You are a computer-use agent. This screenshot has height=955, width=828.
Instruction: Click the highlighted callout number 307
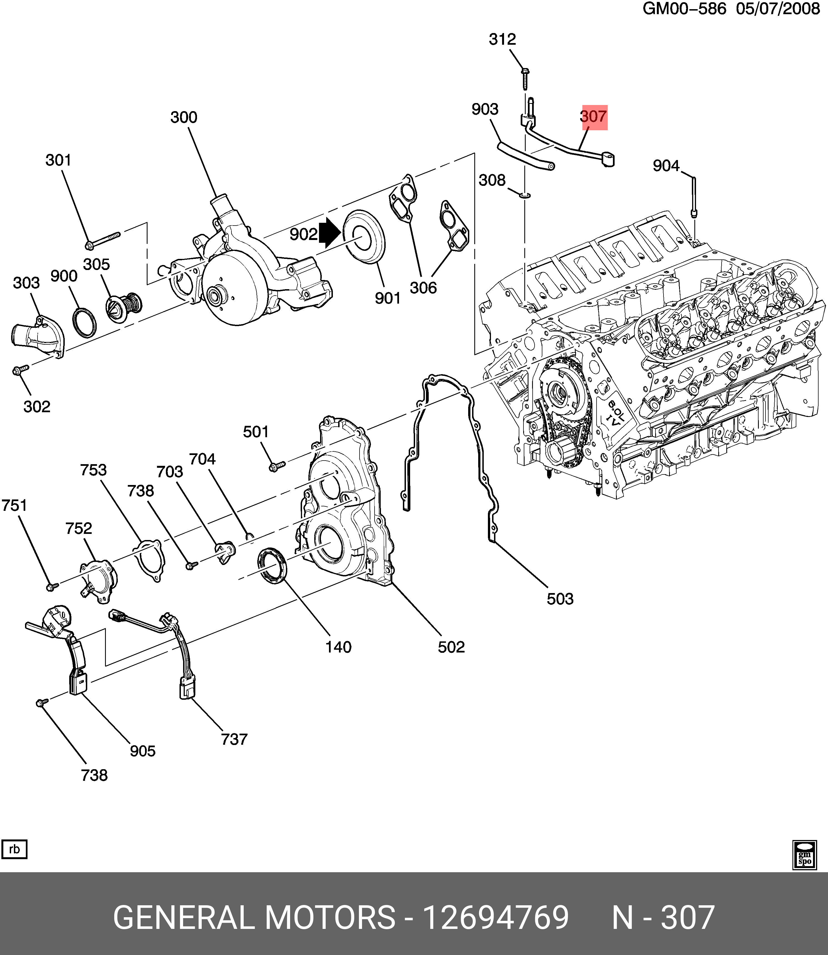click(x=594, y=116)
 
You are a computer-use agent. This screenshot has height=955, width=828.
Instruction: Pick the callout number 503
click(x=560, y=599)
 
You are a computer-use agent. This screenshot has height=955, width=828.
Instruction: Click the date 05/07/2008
click(x=778, y=9)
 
